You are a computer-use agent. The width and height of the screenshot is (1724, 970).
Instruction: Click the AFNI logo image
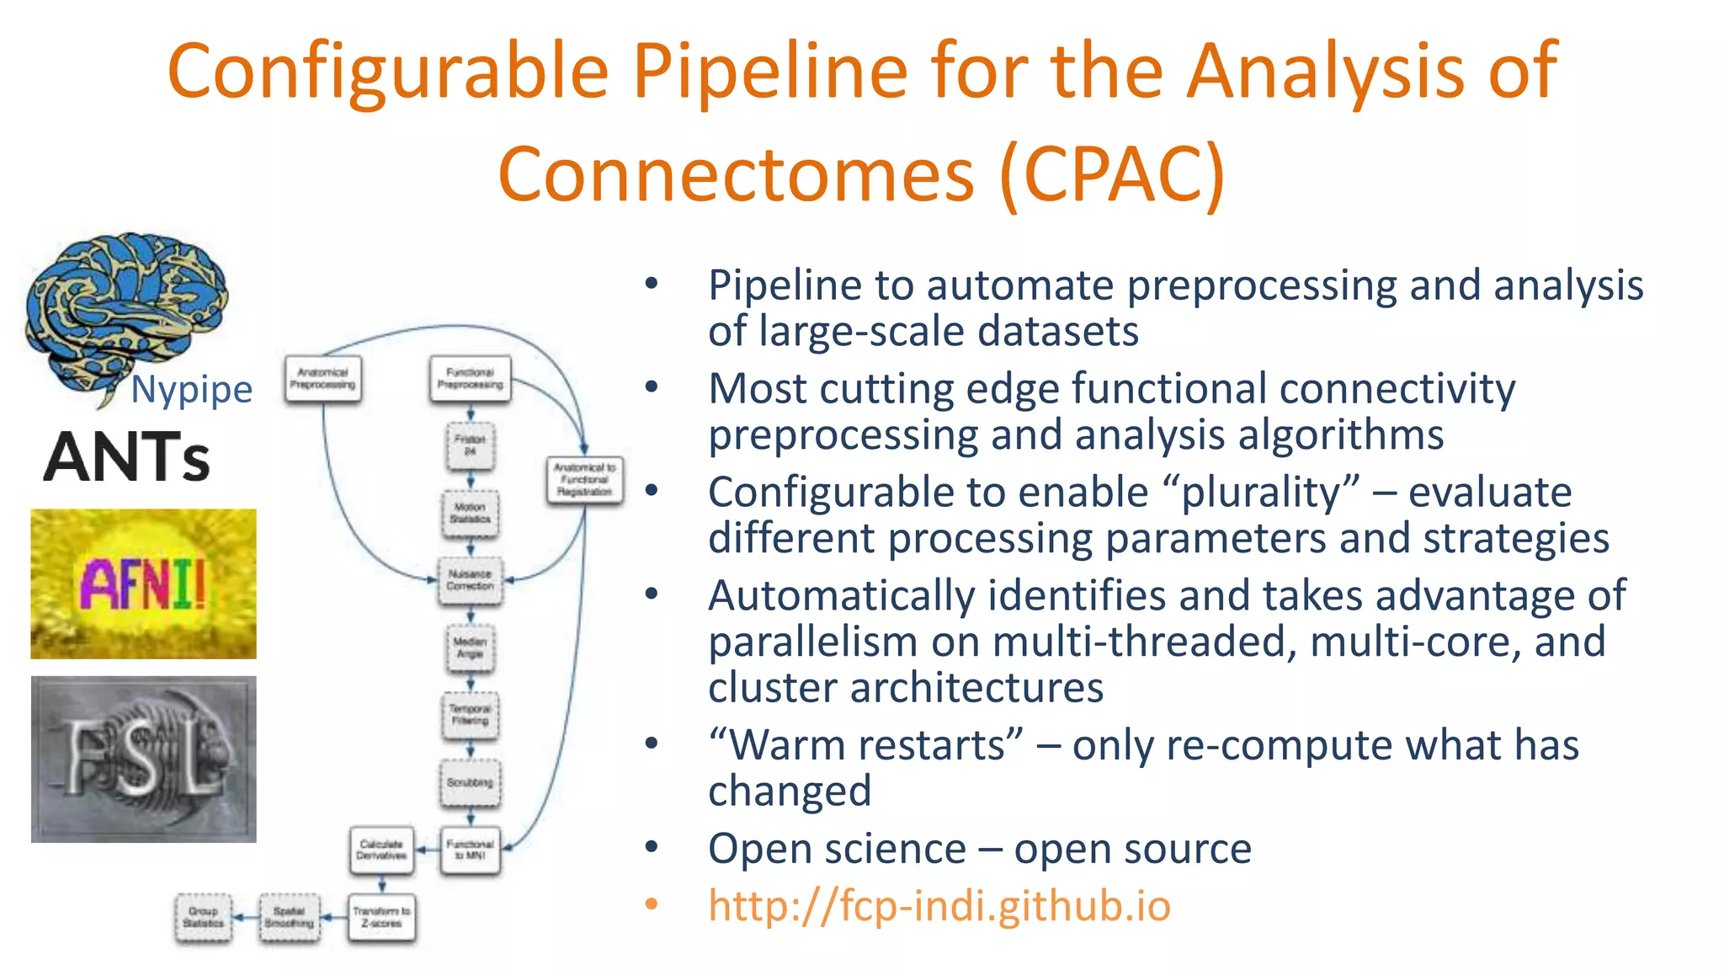[143, 584]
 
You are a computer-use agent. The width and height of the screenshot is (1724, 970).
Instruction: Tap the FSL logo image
[143, 759]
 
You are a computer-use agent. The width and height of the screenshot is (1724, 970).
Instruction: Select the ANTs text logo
[126, 457]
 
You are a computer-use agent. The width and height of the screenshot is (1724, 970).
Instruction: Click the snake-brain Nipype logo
[126, 316]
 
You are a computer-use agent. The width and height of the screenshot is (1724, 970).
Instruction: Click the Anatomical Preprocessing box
[322, 379]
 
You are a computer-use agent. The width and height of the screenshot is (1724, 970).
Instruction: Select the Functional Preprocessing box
[470, 379]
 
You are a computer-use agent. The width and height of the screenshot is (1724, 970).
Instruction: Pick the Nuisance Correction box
[470, 580]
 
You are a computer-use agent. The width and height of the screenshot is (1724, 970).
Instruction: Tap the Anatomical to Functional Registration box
[584, 480]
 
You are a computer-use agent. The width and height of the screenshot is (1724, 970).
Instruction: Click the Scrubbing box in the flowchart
[470, 782]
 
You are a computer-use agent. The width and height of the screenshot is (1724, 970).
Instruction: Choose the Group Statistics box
[203, 918]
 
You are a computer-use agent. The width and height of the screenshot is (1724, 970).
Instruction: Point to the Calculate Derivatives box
[381, 850]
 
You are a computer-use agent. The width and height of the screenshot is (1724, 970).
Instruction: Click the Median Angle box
[470, 648]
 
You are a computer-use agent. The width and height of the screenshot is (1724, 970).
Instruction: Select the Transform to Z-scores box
[381, 918]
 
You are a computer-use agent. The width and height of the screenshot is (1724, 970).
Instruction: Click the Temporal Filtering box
[470, 715]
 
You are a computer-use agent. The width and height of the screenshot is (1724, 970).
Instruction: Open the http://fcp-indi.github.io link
[939, 906]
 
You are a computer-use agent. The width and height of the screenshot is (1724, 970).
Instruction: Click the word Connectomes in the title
[735, 175]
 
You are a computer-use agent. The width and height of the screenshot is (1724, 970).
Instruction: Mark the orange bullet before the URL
[651, 904]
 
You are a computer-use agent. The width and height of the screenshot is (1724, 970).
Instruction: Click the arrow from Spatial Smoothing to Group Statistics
[245, 918]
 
